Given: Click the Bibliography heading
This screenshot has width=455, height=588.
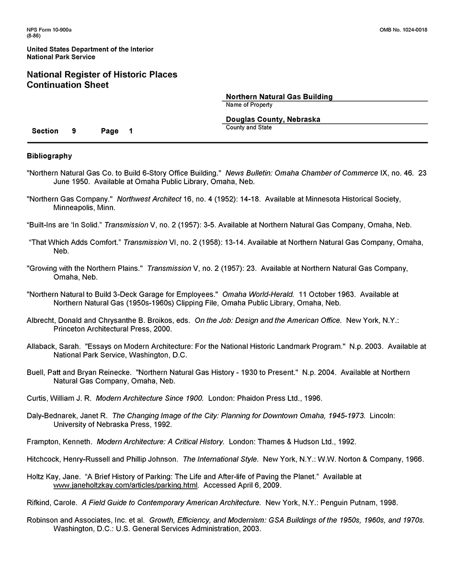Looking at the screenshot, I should (49, 156).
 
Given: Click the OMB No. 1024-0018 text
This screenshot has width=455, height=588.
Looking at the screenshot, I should (403, 30).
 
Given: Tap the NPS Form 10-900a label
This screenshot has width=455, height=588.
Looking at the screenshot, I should (49, 30).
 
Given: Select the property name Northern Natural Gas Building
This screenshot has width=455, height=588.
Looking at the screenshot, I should (279, 97).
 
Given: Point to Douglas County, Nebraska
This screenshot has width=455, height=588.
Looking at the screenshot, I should (273, 120).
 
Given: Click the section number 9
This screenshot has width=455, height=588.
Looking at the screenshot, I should (74, 131).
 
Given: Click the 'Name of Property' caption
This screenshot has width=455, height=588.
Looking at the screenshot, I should (249, 105).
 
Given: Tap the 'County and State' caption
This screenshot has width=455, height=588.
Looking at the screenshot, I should (249, 128).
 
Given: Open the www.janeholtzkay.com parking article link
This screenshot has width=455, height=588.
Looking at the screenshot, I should (125, 485).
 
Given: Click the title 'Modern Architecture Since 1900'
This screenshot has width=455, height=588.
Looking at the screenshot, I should (149, 398).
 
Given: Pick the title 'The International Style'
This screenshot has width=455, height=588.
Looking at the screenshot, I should (220, 459).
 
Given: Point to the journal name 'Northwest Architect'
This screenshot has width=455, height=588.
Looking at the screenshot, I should (148, 199).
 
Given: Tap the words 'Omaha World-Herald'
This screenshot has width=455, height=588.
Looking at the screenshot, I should (258, 294).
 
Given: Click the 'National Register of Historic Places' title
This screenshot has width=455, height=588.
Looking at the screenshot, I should (102, 75).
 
